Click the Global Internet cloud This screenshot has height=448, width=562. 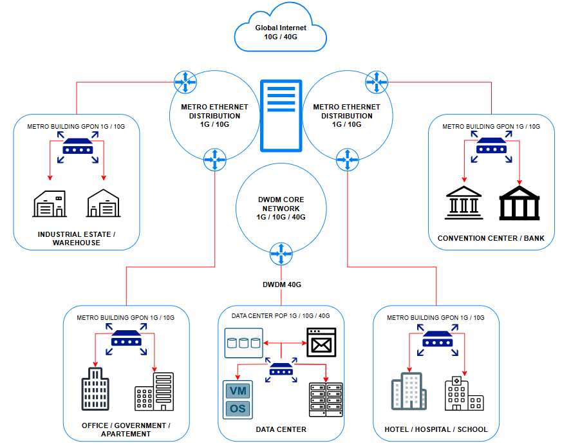coord(281,29)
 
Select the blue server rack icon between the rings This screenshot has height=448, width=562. coord(281,116)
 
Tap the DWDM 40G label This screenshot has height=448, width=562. coord(281,284)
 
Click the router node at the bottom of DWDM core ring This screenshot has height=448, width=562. coord(281,254)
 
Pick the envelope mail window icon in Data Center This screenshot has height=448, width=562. coord(321,342)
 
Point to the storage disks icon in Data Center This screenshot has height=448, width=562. coord(244,342)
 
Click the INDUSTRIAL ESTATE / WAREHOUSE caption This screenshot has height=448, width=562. coord(77,238)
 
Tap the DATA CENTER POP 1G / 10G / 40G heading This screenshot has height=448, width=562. coord(281,316)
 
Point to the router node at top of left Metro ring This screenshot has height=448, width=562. coord(185,81)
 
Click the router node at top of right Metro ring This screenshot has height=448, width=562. coord(375,81)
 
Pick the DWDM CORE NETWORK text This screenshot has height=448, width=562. coord(281,209)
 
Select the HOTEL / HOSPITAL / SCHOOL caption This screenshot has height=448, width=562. coord(436,429)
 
